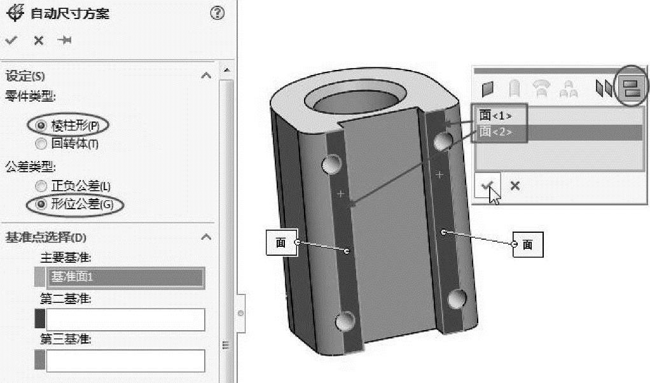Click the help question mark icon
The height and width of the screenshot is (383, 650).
tap(218, 13)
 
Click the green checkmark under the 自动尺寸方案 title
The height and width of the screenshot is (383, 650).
tap(11, 40)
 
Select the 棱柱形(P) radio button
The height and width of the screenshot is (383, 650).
tap(41, 125)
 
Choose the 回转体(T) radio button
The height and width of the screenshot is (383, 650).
tap(41, 144)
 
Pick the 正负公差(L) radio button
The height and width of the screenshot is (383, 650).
tap(41, 186)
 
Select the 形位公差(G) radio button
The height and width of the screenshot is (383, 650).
tap(41, 204)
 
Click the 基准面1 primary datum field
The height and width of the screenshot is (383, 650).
tap(125, 277)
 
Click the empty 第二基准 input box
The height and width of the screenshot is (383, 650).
tap(125, 319)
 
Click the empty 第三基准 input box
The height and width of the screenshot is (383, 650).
tap(125, 361)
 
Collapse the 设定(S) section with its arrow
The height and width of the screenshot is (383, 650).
tap(206, 76)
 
